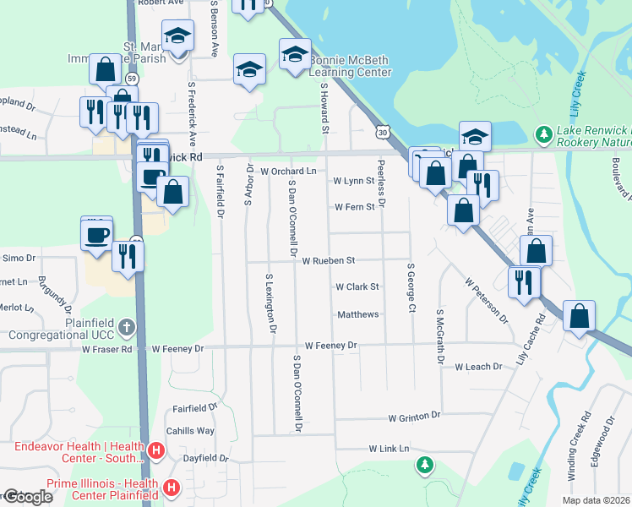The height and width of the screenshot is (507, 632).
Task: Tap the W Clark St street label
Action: (357, 287)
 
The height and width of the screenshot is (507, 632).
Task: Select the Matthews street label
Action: (358, 314)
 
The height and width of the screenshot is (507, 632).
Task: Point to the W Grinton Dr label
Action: (414, 417)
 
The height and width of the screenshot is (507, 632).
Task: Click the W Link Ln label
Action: (389, 448)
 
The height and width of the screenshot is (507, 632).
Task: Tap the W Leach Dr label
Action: (478, 367)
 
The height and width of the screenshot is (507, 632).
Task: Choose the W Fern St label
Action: (354, 207)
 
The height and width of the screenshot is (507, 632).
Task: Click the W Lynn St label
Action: (353, 181)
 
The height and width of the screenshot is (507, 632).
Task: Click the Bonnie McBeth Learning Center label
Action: (350, 67)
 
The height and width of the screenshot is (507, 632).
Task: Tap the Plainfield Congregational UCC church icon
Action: (126, 326)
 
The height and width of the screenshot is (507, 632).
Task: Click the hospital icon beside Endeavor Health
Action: (155, 452)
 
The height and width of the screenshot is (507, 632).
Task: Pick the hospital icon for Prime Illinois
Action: (172, 488)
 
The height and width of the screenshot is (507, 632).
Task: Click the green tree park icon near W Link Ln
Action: (426, 465)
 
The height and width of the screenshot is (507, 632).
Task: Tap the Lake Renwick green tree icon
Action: (544, 134)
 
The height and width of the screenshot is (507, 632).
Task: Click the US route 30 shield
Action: (383, 133)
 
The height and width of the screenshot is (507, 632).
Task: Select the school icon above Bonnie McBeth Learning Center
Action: (295, 55)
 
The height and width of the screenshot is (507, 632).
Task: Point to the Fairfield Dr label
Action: (195, 407)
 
